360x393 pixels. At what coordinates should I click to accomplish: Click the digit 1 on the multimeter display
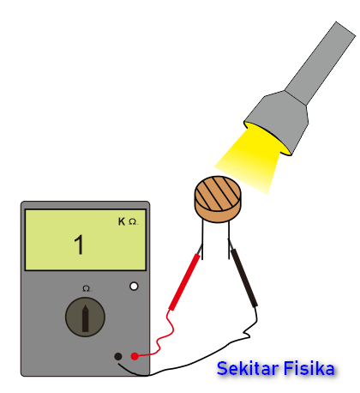(x=79, y=245)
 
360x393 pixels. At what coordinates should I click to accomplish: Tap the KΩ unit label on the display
(x=128, y=221)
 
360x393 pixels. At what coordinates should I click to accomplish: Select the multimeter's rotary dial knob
(x=85, y=317)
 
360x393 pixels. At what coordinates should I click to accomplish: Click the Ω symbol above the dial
(x=87, y=288)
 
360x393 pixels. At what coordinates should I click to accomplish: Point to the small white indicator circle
(x=134, y=286)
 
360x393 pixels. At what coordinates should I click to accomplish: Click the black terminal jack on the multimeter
(x=118, y=356)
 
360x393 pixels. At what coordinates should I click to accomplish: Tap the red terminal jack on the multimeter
(x=135, y=356)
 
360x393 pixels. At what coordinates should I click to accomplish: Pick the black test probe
(x=243, y=275)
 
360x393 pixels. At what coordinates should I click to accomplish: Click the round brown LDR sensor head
(x=218, y=199)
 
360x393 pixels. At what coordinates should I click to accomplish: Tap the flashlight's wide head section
(x=277, y=123)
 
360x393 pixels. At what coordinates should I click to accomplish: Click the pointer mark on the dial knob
(x=85, y=318)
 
